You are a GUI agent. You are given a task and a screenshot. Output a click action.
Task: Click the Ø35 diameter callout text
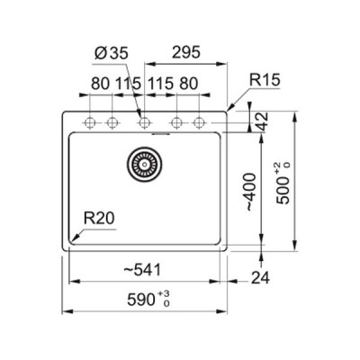111,53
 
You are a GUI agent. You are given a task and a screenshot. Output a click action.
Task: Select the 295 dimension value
185,52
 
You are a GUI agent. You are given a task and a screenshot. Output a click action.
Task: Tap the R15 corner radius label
265,80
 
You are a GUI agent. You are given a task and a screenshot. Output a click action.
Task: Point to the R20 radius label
99,218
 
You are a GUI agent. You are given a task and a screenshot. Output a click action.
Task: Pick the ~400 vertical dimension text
251,192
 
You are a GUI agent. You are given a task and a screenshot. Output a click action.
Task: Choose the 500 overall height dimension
283,184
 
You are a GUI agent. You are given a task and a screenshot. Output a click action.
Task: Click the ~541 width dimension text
142,270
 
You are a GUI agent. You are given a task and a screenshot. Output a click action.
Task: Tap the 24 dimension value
260,278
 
